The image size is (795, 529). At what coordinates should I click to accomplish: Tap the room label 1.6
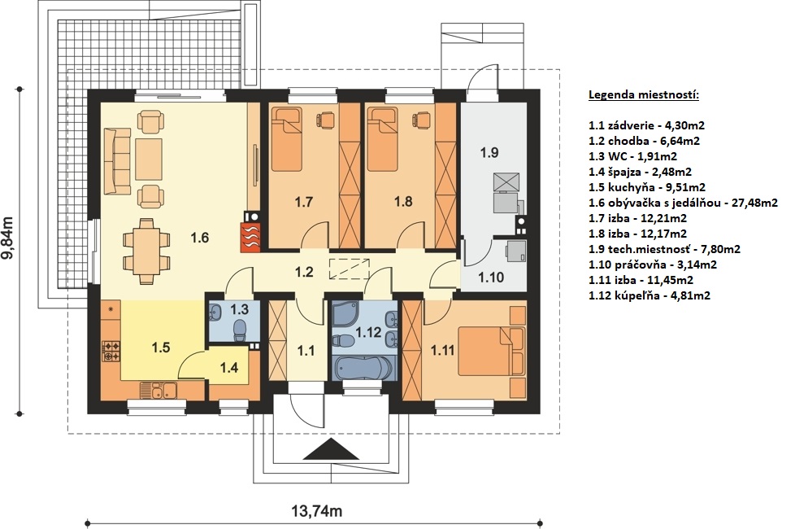(200, 238)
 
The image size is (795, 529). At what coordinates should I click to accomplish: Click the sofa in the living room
(118, 161)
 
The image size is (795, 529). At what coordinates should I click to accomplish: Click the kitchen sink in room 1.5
(158, 391)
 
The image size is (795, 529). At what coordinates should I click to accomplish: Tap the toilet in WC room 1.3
(240, 332)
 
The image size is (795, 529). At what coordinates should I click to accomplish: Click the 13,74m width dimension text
(317, 511)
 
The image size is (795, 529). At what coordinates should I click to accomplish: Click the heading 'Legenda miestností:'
(644, 95)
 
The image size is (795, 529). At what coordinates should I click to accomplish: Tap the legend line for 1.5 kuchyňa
(647, 187)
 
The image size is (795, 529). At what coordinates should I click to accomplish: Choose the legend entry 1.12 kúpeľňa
(649, 295)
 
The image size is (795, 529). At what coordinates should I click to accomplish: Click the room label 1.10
(491, 278)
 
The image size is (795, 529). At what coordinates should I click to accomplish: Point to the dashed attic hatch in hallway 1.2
(350, 268)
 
